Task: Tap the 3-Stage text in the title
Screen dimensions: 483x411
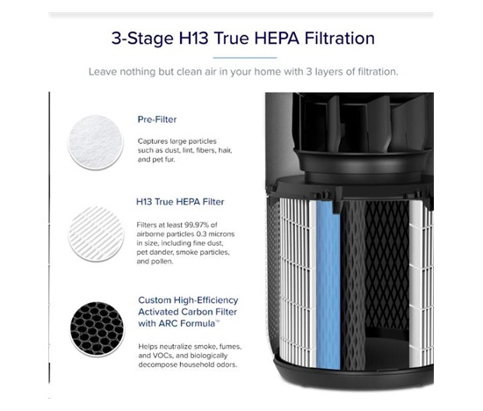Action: pyautogui.click(x=142, y=40)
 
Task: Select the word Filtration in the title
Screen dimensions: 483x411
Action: pyautogui.click(x=340, y=39)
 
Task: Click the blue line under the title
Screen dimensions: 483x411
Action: pyautogui.click(x=245, y=58)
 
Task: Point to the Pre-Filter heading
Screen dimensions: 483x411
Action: pyautogui.click(x=157, y=119)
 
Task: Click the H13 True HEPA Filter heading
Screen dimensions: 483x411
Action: pyautogui.click(x=180, y=202)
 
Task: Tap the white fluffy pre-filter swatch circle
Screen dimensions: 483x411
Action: pyautogui.click(x=96, y=142)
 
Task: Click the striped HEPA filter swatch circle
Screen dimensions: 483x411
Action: pyautogui.click(x=96, y=234)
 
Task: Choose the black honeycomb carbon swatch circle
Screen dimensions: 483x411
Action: pyautogui.click(x=97, y=328)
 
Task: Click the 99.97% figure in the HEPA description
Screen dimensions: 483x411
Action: pyautogui.click(x=197, y=225)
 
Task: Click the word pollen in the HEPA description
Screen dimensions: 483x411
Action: pyautogui.click(x=164, y=262)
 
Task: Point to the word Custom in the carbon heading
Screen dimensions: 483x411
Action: pyautogui.click(x=155, y=300)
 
